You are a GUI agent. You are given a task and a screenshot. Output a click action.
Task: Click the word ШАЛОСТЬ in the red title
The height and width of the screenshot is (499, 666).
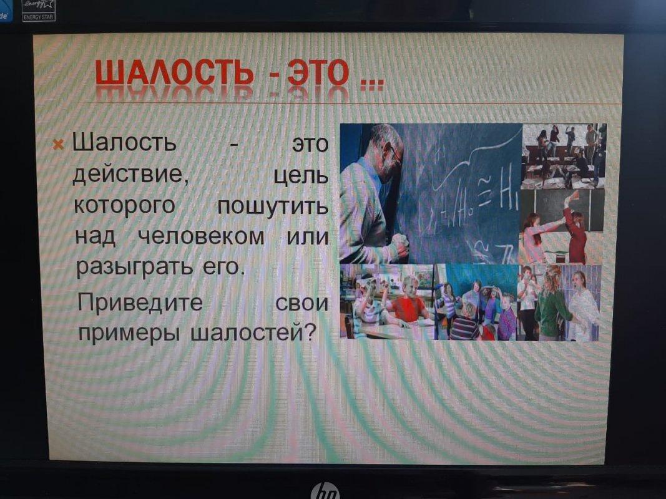click(x=175, y=72)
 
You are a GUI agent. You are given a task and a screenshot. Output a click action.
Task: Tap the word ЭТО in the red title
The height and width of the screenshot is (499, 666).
click(x=318, y=72)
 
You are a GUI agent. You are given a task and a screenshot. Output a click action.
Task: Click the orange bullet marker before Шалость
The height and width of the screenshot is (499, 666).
click(x=58, y=145)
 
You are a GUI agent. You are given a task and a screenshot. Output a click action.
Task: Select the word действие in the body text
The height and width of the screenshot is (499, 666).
click(x=131, y=174)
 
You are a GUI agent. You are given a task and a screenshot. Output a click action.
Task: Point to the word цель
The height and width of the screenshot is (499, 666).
click(x=301, y=175)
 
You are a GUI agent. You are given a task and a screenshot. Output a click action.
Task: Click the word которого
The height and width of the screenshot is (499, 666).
click(x=124, y=205)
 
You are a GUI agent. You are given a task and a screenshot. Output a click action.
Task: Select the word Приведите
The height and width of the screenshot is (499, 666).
click(x=140, y=303)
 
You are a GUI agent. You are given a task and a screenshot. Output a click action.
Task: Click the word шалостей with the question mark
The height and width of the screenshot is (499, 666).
click(x=254, y=332)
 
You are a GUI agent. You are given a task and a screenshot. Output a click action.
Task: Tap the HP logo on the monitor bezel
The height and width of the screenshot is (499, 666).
click(x=325, y=492)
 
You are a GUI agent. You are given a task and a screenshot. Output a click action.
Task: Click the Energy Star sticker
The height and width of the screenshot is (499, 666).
click(x=39, y=10)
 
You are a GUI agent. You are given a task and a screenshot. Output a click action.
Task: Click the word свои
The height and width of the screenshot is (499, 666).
click(x=301, y=303)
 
